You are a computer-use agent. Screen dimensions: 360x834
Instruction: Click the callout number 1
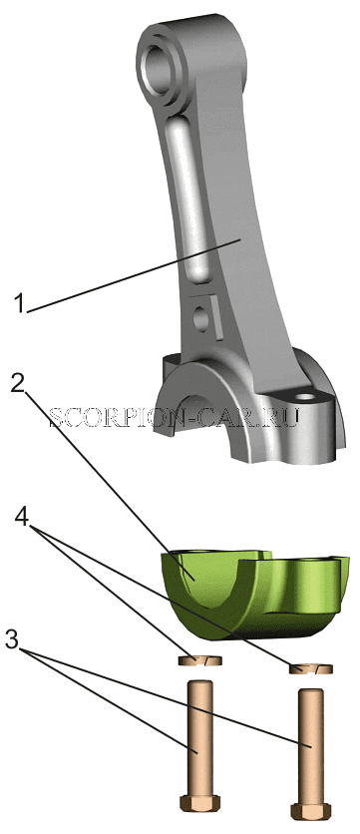click(x=20, y=304)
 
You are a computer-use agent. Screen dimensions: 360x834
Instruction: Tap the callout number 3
click(x=12, y=639)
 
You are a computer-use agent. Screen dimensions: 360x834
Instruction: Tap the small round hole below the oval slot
click(x=202, y=319)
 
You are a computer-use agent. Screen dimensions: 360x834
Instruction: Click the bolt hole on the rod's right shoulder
click(x=305, y=397)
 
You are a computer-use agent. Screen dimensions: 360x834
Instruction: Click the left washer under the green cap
click(x=198, y=661)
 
